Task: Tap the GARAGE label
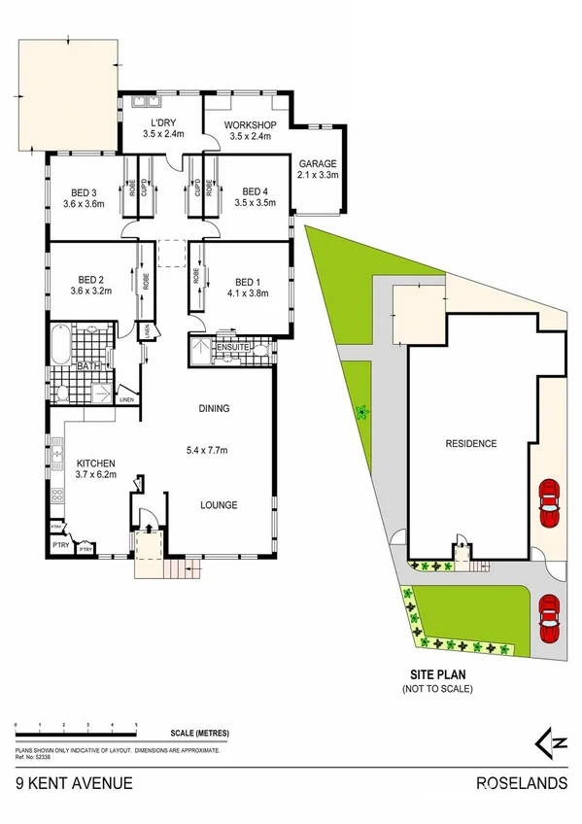tap(318, 163)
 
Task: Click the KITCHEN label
tap(96, 463)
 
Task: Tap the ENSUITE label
tap(235, 347)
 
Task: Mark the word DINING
tap(214, 409)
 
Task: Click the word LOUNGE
tap(219, 504)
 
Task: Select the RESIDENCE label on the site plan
tap(471, 444)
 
